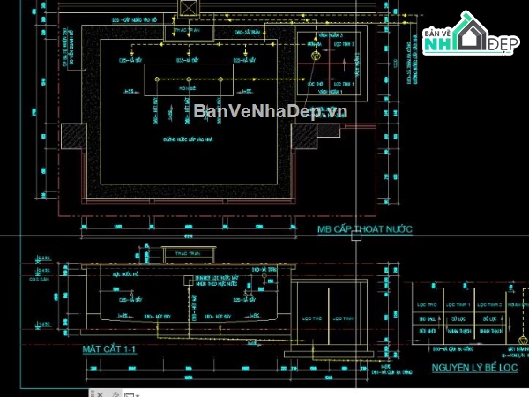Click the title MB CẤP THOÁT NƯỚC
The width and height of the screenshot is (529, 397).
pyautogui.click(x=365, y=229)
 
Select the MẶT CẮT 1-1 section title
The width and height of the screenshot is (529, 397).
pyautogui.click(x=109, y=349)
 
